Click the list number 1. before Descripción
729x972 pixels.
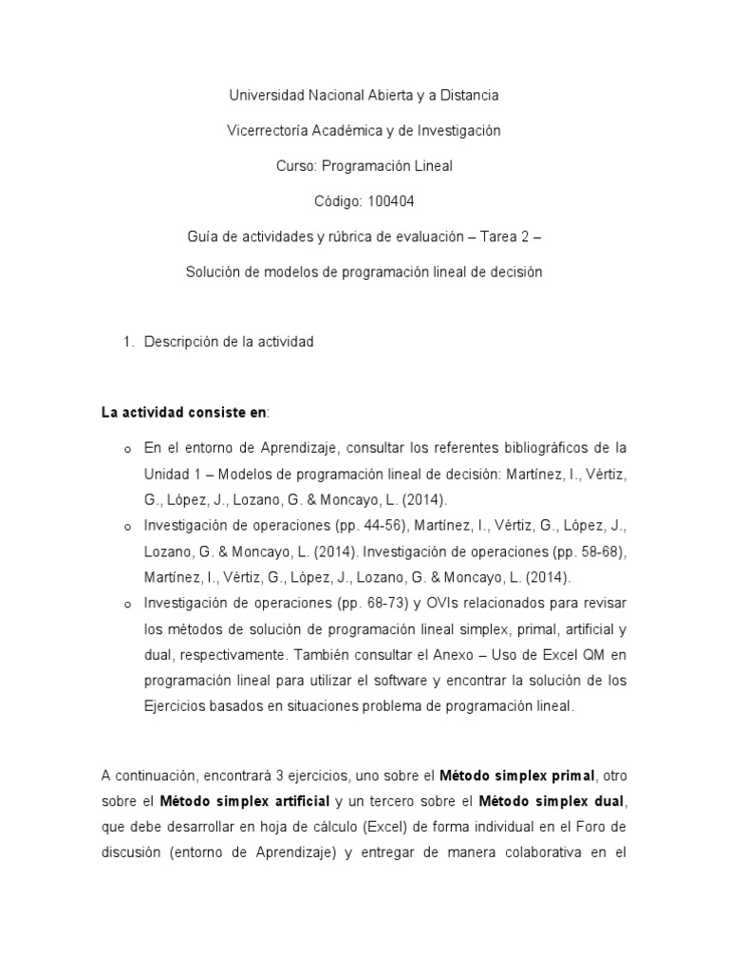tap(130, 342)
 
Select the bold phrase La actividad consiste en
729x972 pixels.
tap(184, 412)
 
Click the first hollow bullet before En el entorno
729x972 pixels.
tap(126, 448)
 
